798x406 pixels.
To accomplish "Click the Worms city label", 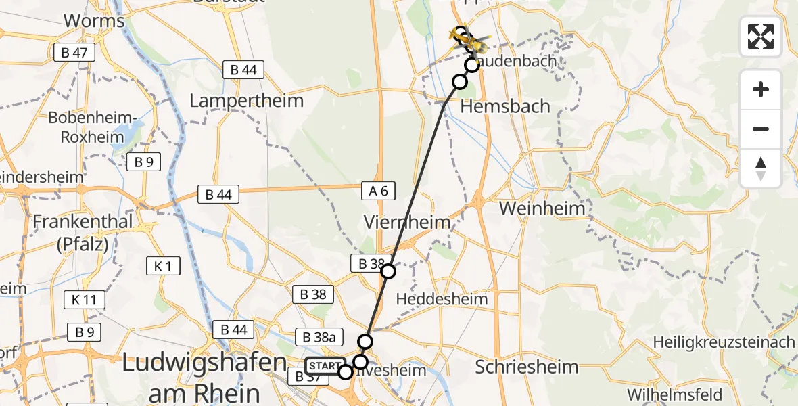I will click(94, 21).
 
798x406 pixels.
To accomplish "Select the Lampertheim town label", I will click(246, 101).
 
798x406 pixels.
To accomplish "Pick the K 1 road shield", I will click(163, 266).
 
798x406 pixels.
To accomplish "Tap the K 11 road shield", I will click(85, 300).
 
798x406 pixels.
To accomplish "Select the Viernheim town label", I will click(407, 222).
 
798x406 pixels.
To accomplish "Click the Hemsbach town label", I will click(504, 106).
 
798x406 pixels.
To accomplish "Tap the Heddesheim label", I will click(442, 298).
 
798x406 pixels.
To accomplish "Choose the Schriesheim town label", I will click(527, 367).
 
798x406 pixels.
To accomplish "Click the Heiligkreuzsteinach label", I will click(724, 342).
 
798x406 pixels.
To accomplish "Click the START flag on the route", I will click(324, 367).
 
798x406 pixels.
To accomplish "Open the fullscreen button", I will click(761, 36).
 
